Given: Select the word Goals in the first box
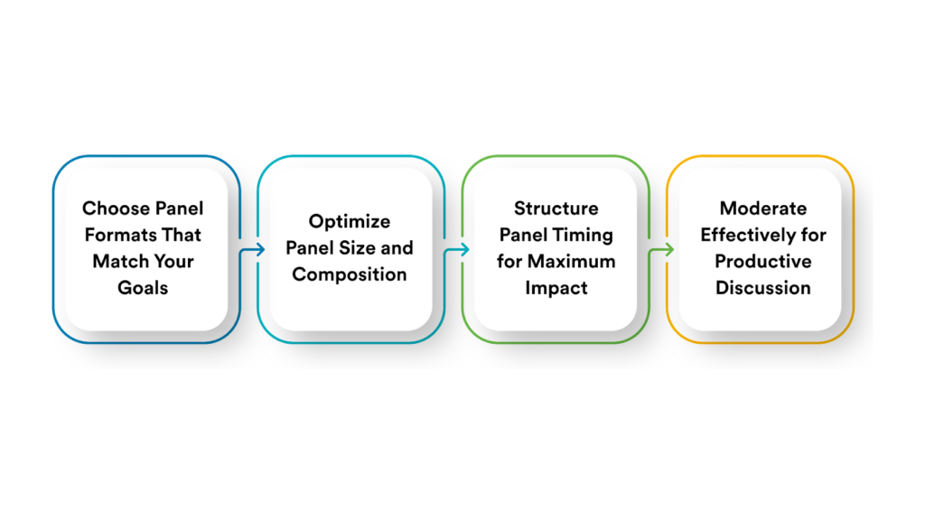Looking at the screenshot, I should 143,289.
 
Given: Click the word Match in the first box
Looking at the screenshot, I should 115,262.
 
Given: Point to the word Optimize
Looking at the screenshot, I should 349,221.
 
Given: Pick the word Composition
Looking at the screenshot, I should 349,274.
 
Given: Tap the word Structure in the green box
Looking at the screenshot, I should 556,209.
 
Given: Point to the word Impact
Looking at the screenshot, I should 556,289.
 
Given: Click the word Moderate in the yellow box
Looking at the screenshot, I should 762,209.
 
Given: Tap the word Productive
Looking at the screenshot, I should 762,262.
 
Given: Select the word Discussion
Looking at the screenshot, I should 762,289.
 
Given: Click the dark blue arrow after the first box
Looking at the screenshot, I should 252,249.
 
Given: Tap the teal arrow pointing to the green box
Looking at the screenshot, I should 457,249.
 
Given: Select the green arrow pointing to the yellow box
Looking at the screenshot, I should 662,249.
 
